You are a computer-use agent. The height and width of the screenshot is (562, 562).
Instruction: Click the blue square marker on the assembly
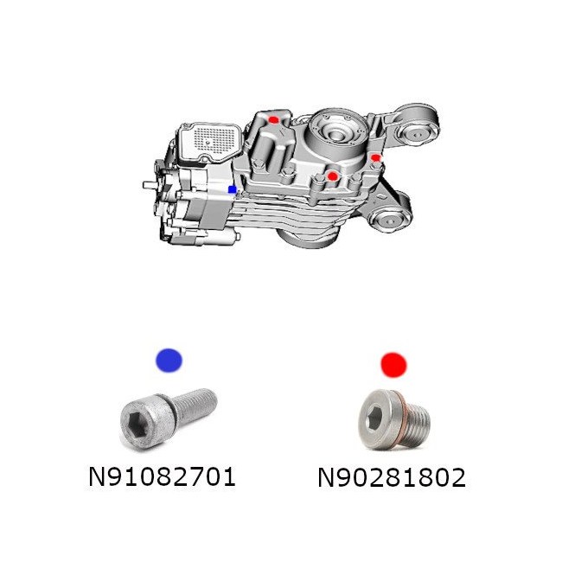click(x=233, y=189)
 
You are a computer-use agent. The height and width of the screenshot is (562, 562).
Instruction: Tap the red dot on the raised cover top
click(x=274, y=119)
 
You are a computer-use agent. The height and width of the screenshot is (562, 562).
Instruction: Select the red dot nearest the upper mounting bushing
click(x=375, y=157)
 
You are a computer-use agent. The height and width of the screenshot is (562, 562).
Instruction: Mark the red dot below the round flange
click(x=333, y=176)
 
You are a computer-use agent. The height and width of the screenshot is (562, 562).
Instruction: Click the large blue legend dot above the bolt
click(x=169, y=361)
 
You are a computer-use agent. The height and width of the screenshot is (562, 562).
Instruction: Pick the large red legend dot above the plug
click(x=393, y=365)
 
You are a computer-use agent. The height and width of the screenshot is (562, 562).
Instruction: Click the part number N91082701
click(x=162, y=477)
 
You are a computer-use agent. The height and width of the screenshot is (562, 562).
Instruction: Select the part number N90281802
click(x=392, y=477)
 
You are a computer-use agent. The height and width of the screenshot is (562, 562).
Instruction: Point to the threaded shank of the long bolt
click(x=195, y=406)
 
